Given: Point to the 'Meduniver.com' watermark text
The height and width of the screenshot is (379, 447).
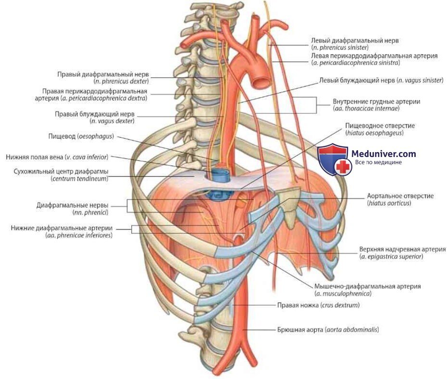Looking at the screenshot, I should coord(384,154).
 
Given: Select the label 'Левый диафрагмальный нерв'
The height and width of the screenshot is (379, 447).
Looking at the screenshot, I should coord(355,41).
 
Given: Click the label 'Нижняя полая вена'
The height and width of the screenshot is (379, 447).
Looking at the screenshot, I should coord(57,157).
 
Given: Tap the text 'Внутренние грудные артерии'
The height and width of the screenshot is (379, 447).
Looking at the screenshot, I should coord(376,102).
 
